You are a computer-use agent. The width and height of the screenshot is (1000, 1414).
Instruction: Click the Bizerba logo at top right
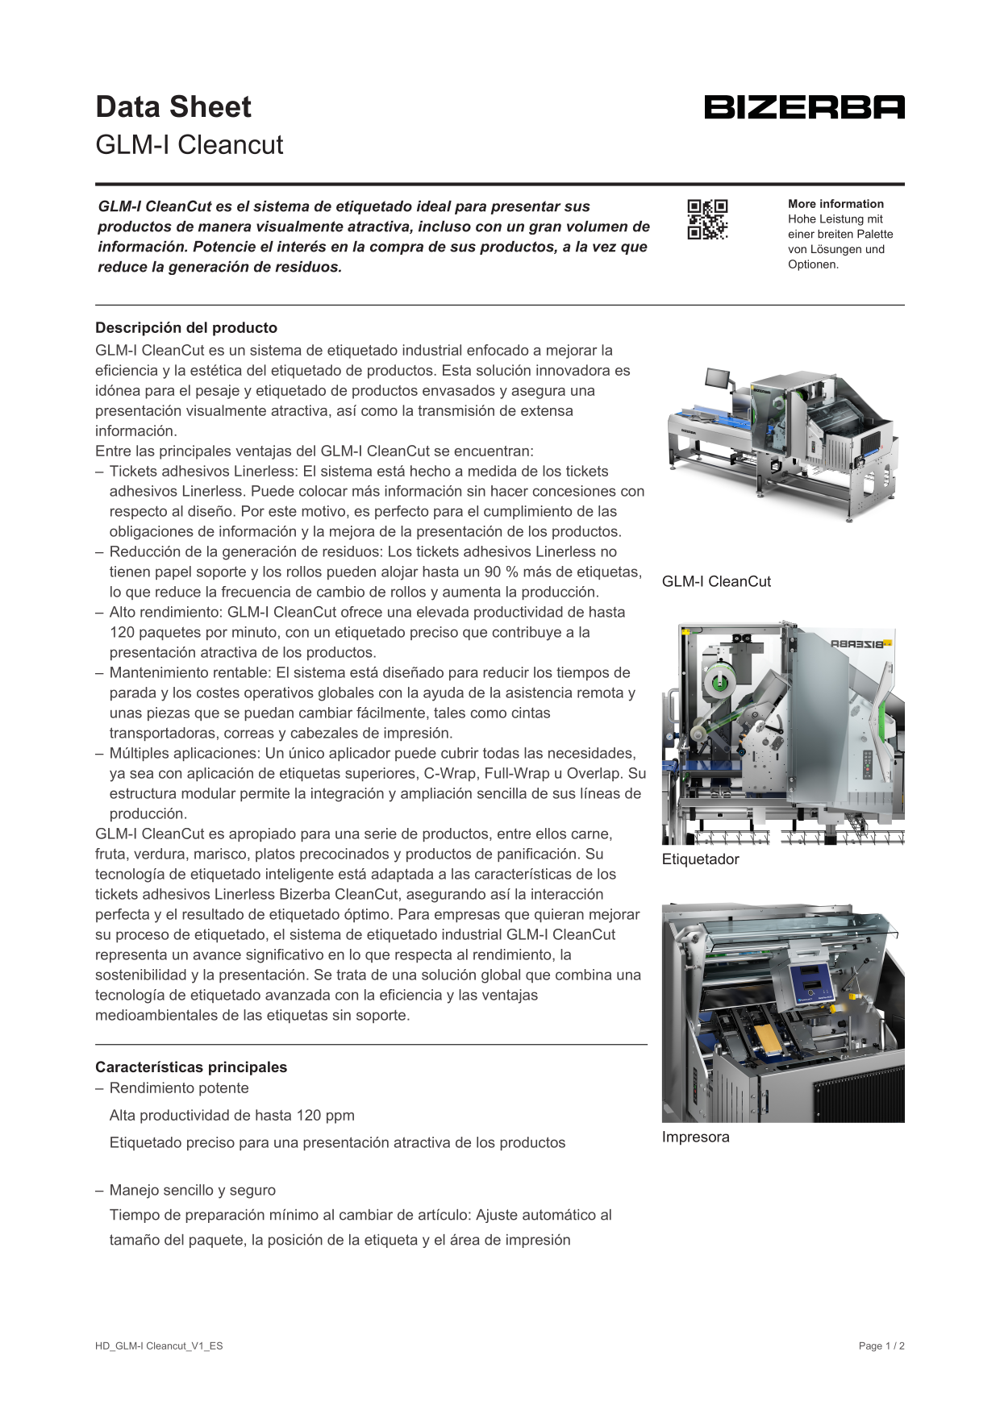[x=804, y=107]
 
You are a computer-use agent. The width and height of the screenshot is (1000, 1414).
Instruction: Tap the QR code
[x=707, y=219]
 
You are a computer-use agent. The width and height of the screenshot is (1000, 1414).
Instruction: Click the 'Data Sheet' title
[x=173, y=107]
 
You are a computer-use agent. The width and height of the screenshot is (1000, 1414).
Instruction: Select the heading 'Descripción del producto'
[x=186, y=328]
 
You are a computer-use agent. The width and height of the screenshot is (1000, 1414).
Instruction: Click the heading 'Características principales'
[x=191, y=1067]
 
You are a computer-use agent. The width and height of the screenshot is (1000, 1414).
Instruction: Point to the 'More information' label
[x=835, y=204]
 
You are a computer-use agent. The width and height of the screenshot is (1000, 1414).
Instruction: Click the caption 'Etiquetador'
[x=700, y=859]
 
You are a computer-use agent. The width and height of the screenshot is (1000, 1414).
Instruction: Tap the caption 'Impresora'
[x=695, y=1137]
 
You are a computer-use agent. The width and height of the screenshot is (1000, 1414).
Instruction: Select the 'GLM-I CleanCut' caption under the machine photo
[x=716, y=582]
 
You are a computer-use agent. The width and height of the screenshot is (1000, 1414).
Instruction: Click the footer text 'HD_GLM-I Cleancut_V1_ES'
[x=159, y=1346]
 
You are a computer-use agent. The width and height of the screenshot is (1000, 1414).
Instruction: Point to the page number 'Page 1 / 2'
[x=881, y=1346]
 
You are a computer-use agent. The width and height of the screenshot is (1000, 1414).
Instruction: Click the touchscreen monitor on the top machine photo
[x=717, y=378]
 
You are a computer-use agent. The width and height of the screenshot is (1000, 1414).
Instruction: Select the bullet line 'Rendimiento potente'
[x=179, y=1088]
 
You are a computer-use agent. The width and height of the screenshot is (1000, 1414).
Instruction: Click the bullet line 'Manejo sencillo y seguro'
[x=193, y=1191]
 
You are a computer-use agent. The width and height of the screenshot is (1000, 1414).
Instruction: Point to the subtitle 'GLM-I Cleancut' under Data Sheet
[x=190, y=145]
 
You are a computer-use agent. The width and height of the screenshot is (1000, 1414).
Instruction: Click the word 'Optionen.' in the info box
[x=813, y=264]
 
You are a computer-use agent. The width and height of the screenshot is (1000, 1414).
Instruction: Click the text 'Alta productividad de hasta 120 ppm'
[x=232, y=1116]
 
